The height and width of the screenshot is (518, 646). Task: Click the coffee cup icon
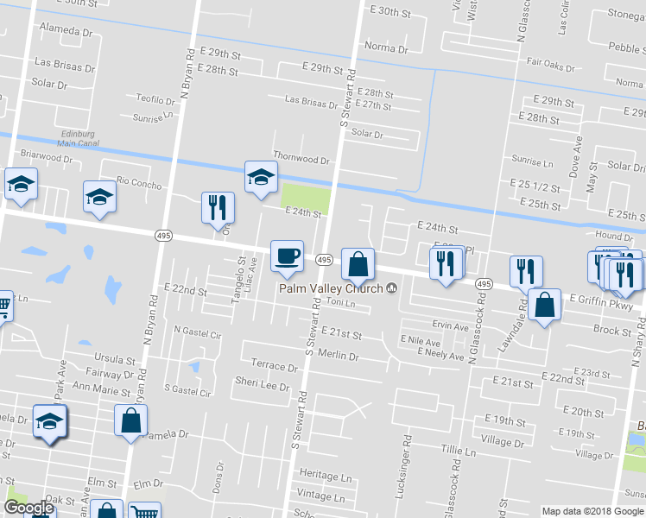click(287, 256)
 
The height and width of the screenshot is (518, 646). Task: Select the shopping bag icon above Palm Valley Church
click(358, 264)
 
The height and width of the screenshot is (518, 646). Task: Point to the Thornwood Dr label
click(301, 160)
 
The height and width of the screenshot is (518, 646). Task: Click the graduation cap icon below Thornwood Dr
click(260, 177)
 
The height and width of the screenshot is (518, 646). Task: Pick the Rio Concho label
click(138, 182)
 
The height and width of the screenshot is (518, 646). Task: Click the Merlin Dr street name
click(337, 355)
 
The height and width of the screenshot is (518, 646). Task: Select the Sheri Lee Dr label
click(263, 386)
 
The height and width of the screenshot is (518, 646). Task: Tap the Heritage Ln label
click(326, 476)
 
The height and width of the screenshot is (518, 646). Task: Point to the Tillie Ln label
click(459, 452)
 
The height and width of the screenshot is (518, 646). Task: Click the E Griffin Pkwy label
click(601, 306)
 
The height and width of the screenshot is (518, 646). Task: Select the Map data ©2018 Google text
click(592, 511)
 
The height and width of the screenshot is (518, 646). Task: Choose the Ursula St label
click(117, 358)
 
